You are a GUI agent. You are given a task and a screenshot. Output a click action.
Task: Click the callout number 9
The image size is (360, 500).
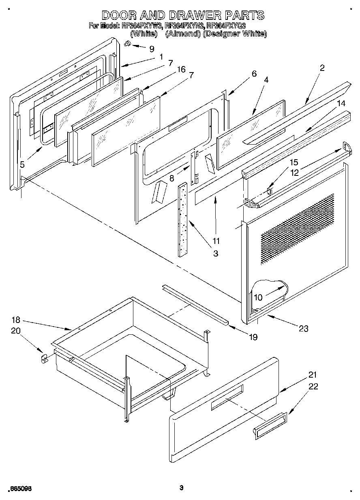coord(152,49)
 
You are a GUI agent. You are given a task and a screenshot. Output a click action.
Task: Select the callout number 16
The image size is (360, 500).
coord(181,70)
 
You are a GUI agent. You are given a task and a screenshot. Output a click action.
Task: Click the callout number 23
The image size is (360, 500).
coord(303,329)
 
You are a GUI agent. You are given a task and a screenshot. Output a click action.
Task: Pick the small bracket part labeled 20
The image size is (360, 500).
coord(44,358)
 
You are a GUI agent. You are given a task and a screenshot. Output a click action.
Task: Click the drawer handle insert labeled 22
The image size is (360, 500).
coord(270,425)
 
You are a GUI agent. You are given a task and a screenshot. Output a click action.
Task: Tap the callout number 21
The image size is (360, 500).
coord(313,375)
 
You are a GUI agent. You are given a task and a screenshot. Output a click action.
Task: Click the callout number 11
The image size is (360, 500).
coord(216,241)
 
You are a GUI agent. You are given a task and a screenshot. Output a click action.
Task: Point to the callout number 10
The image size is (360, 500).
coord(258,297)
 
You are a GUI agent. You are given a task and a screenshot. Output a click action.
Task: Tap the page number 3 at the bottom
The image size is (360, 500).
coord(182,488)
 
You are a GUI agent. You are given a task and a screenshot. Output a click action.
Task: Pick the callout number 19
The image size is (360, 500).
coord(253,337)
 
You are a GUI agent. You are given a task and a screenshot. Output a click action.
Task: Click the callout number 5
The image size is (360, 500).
coord(22,164)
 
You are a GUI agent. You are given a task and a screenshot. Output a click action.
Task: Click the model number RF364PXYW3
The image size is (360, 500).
coord(142,26)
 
